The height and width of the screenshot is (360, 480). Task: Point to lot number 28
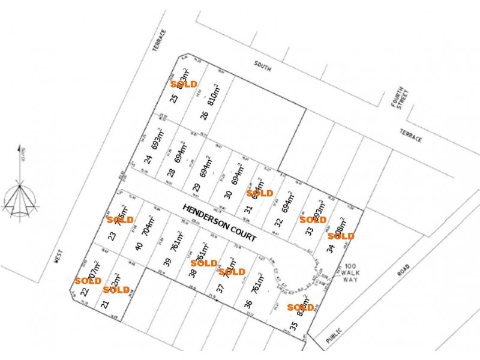click(172, 173)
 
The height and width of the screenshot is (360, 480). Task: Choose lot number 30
click(227, 194)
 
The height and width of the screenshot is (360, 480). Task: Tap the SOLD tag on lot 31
click(260, 193)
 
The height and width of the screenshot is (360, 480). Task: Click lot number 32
click(278, 221)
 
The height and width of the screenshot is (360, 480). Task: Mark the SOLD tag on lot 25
click(184, 84)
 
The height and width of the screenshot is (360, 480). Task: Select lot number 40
click(139, 245)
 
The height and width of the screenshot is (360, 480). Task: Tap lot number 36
click(248, 304)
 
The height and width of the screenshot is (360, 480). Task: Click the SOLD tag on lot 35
click(301, 308)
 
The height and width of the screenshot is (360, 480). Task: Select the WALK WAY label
click(351, 274)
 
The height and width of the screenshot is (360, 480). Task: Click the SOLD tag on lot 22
click(88, 280)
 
